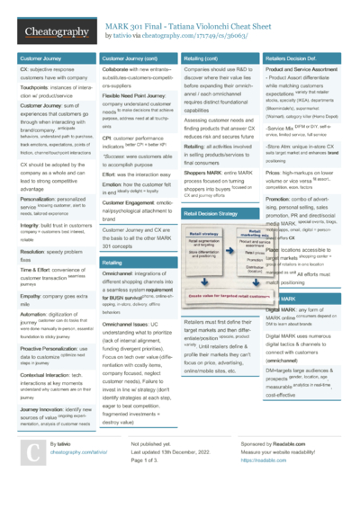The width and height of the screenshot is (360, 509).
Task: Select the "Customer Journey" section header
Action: click(40, 58)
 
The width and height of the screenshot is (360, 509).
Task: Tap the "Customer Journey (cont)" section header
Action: click(130, 58)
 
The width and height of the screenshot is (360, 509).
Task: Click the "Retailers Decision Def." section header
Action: click(292, 58)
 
